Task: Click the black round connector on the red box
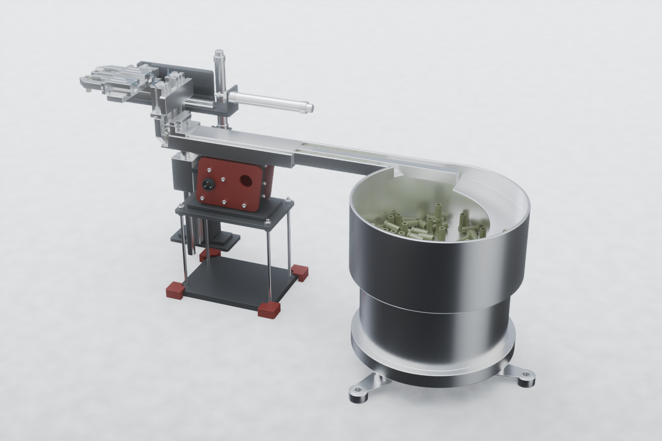tap(207, 184)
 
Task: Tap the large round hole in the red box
tap(246, 180)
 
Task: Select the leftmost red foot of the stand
tap(175, 290)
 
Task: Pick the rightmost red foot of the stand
tap(300, 272)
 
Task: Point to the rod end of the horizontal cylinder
tap(308, 107)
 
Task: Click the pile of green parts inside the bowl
tap(426, 225)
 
